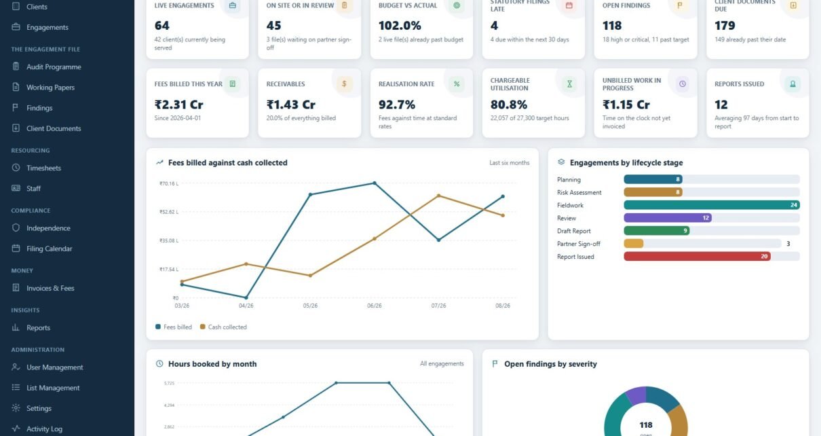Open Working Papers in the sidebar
[50, 88]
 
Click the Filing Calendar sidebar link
[49, 249]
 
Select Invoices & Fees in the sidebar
[50, 288]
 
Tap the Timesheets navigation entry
[43, 168]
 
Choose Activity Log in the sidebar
[44, 429]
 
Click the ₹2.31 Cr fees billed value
[178, 105]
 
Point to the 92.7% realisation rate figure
[397, 105]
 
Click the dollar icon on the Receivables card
[344, 84]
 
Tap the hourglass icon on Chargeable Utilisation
[569, 84]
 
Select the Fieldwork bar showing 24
[712, 205]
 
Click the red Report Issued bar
[697, 256]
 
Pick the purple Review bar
[668, 217]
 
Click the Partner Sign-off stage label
[578, 244]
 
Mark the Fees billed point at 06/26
[375, 183]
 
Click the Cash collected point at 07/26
[439, 196]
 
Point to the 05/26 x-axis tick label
[310, 306]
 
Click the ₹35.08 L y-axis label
[169, 240]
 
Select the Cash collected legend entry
[223, 327]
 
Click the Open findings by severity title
[550, 364]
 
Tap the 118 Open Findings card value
[612, 26]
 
